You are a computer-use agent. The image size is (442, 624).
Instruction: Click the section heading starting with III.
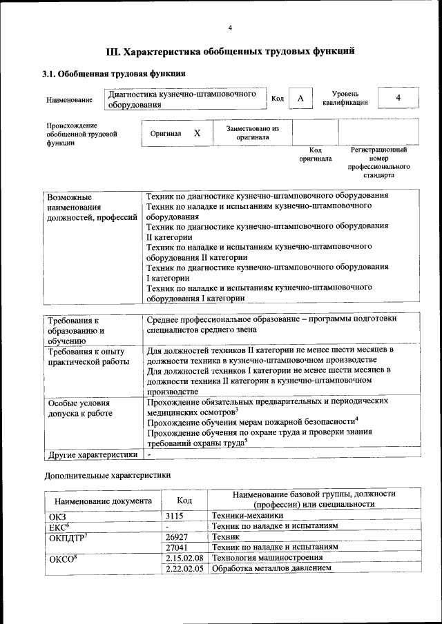(230, 50)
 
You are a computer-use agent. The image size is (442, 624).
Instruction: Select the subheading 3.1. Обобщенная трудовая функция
(113, 73)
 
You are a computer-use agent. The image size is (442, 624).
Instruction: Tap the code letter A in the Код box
(300, 99)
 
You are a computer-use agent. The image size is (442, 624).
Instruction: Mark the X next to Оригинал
(198, 133)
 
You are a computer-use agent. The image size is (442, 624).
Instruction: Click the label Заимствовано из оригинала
(252, 133)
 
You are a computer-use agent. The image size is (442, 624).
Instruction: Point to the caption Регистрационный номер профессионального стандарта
(378, 163)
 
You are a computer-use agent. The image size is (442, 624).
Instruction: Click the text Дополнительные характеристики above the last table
(107, 476)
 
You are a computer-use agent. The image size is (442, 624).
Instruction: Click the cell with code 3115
(177, 515)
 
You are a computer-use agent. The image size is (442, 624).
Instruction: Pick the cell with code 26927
(177, 536)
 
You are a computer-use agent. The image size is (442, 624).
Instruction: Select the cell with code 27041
(177, 547)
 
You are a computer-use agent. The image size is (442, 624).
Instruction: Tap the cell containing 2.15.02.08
(184, 557)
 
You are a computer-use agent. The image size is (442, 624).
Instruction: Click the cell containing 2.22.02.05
(184, 568)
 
